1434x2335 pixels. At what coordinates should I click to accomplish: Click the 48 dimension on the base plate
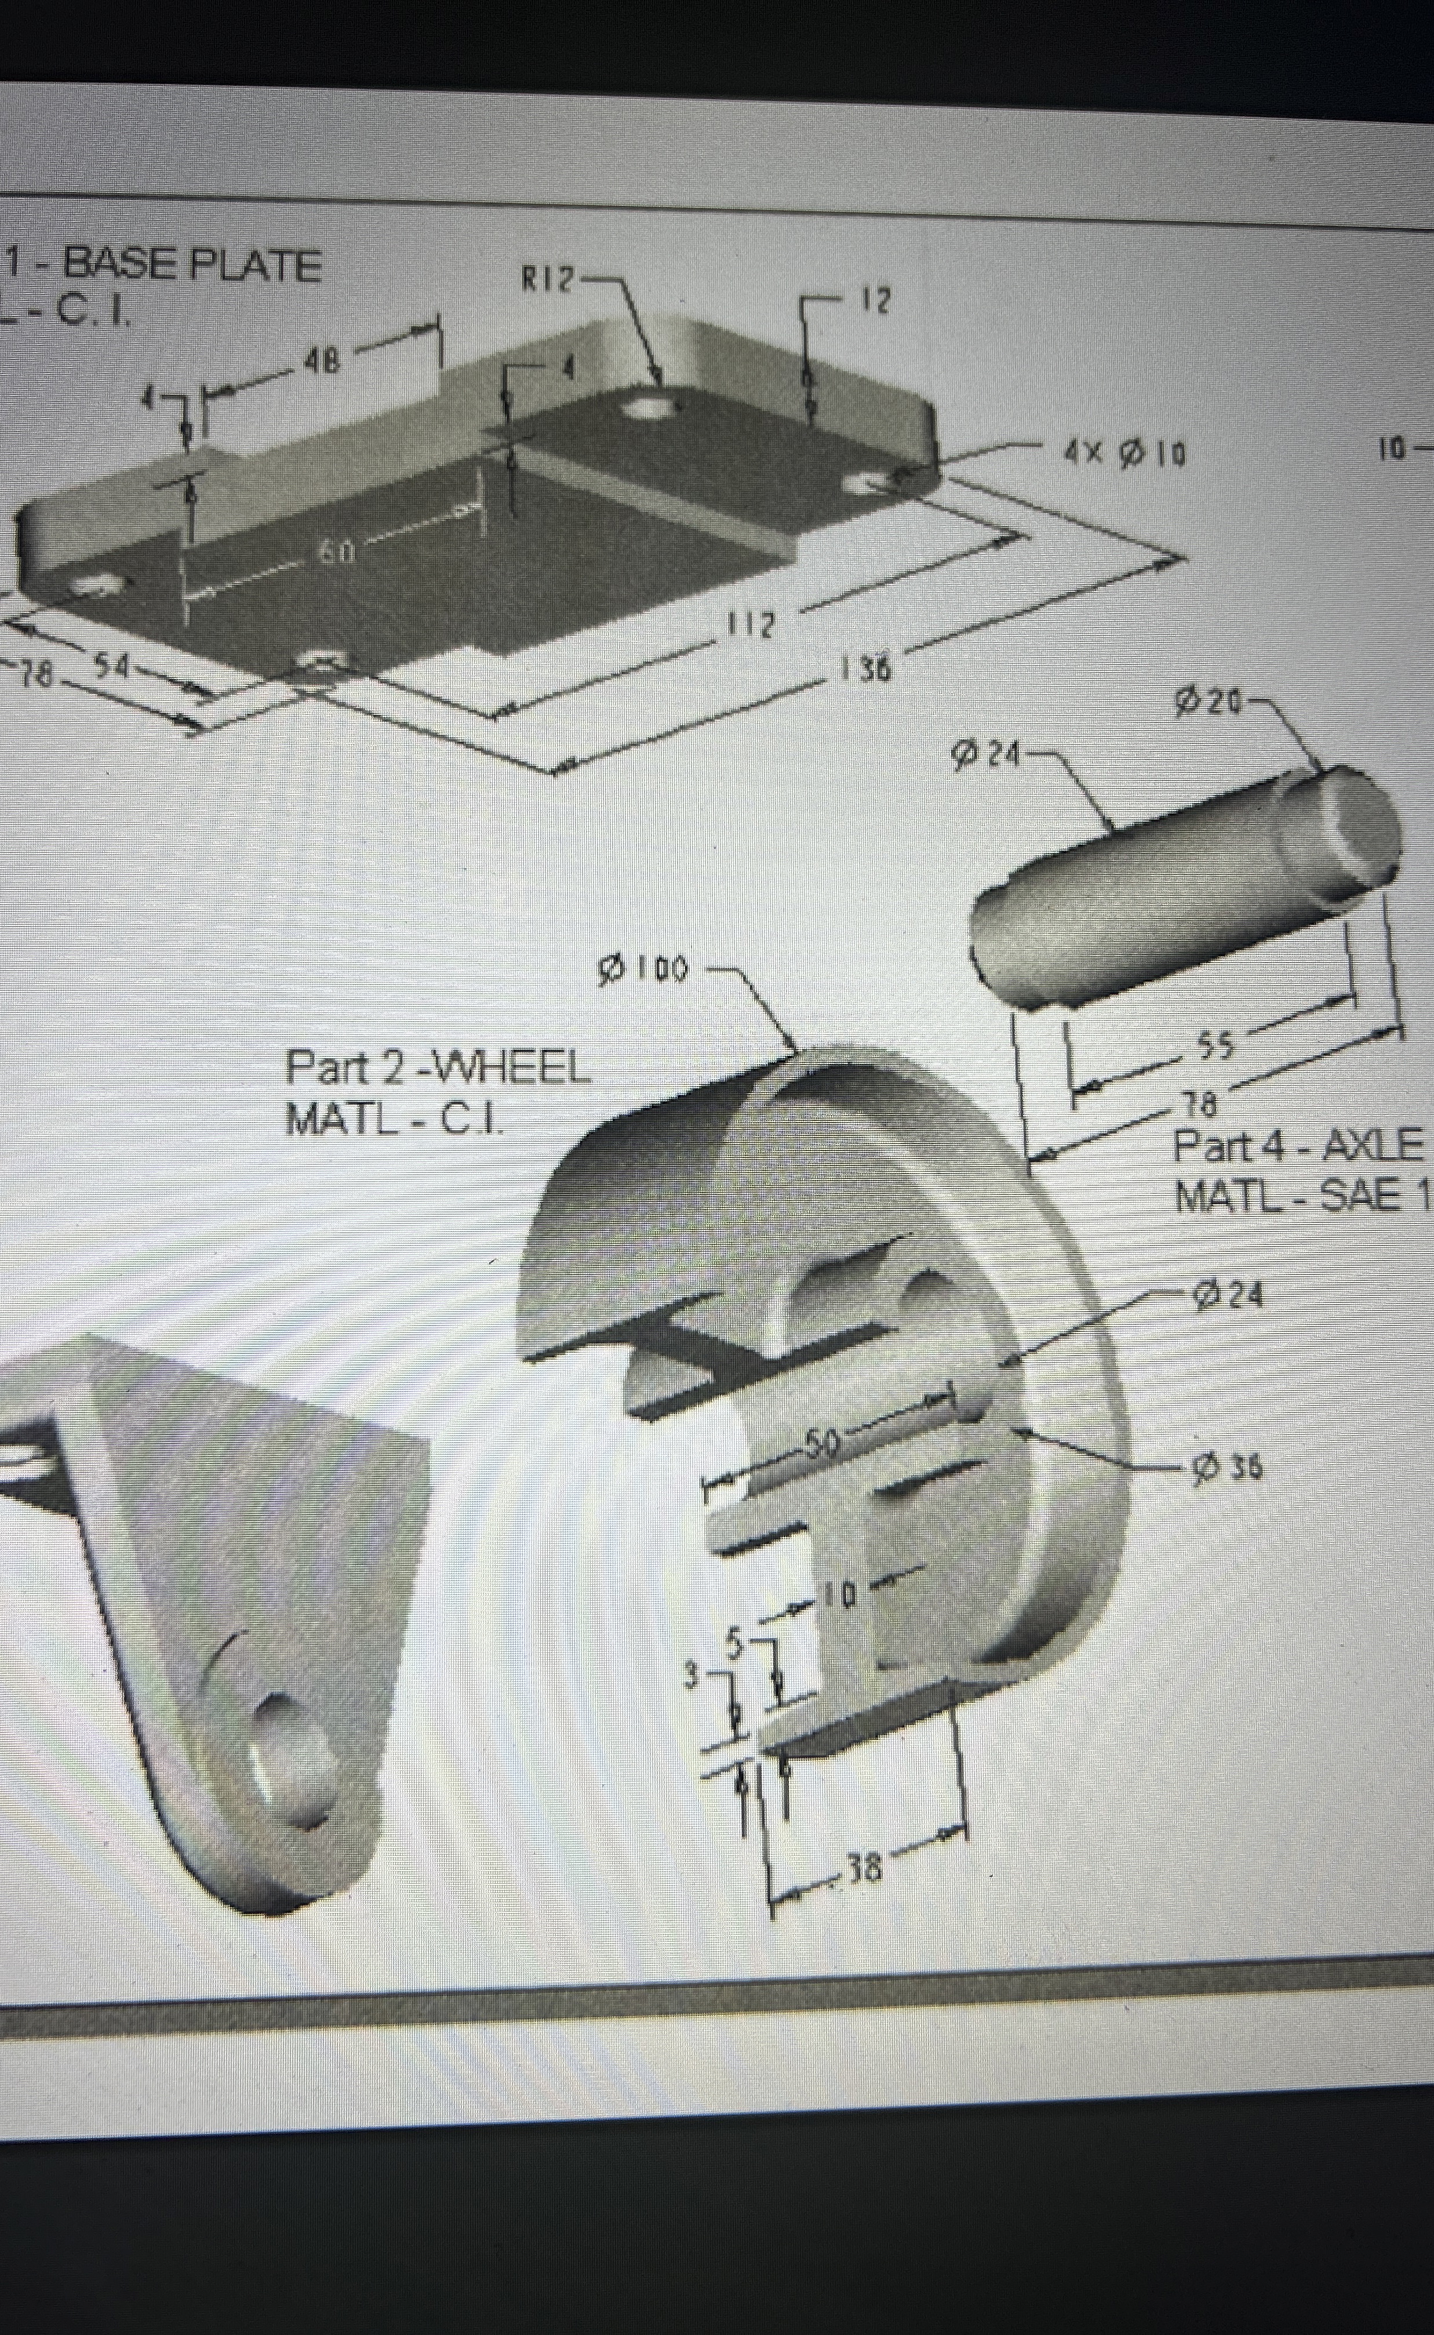coord(322,361)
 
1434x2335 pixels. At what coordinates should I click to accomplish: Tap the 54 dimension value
coord(112,666)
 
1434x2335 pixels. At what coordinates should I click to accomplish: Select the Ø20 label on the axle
coord(1207,702)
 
